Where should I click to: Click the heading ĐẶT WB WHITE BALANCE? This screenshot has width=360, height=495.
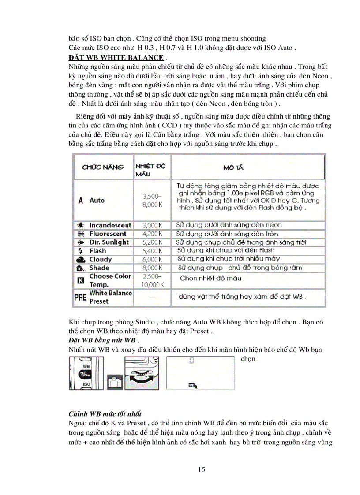[116, 58]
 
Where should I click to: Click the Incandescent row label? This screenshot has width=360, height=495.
[110, 225]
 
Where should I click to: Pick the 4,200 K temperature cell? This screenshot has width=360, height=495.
[153, 234]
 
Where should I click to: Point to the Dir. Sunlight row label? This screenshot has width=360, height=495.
[109, 242]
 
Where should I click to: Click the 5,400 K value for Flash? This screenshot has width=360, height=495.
[153, 251]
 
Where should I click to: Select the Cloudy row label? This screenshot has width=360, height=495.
[100, 259]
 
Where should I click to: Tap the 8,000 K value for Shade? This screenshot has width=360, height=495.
[153, 268]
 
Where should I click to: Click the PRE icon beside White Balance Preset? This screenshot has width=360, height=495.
[80, 298]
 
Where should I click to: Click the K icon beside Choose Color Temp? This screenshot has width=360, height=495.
[80, 280]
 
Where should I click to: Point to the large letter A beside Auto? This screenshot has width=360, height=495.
[80, 200]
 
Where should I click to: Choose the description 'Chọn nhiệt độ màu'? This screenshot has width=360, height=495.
[210, 279]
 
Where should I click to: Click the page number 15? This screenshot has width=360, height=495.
[202, 469]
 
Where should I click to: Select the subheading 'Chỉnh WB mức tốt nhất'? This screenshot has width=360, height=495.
[105, 414]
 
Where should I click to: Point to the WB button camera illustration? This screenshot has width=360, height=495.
[86, 373]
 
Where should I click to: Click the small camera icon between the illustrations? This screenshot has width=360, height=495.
[114, 381]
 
